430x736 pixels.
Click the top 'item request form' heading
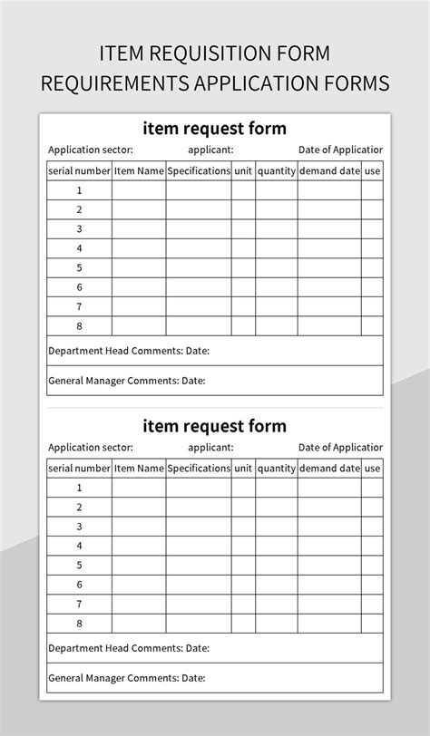click(x=214, y=128)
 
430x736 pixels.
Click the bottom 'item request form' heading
click(x=214, y=425)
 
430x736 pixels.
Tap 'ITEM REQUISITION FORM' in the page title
click(x=215, y=53)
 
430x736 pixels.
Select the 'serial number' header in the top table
click(x=80, y=170)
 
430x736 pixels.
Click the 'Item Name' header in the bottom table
click(x=139, y=469)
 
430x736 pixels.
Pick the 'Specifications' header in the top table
click(x=199, y=170)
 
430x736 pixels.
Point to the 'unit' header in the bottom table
click(x=243, y=469)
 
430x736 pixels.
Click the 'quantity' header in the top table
click(x=277, y=170)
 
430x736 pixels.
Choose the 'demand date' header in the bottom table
click(x=329, y=469)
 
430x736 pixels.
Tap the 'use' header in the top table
click(x=373, y=170)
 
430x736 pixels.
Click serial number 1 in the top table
click(x=80, y=190)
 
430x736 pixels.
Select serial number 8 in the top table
click(x=80, y=325)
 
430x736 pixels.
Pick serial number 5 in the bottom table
click(x=80, y=566)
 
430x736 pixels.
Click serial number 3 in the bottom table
click(x=80, y=527)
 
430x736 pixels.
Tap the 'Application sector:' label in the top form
click(x=91, y=150)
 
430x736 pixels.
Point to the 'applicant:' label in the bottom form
click(x=211, y=448)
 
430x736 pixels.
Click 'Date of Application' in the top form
click(x=340, y=150)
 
